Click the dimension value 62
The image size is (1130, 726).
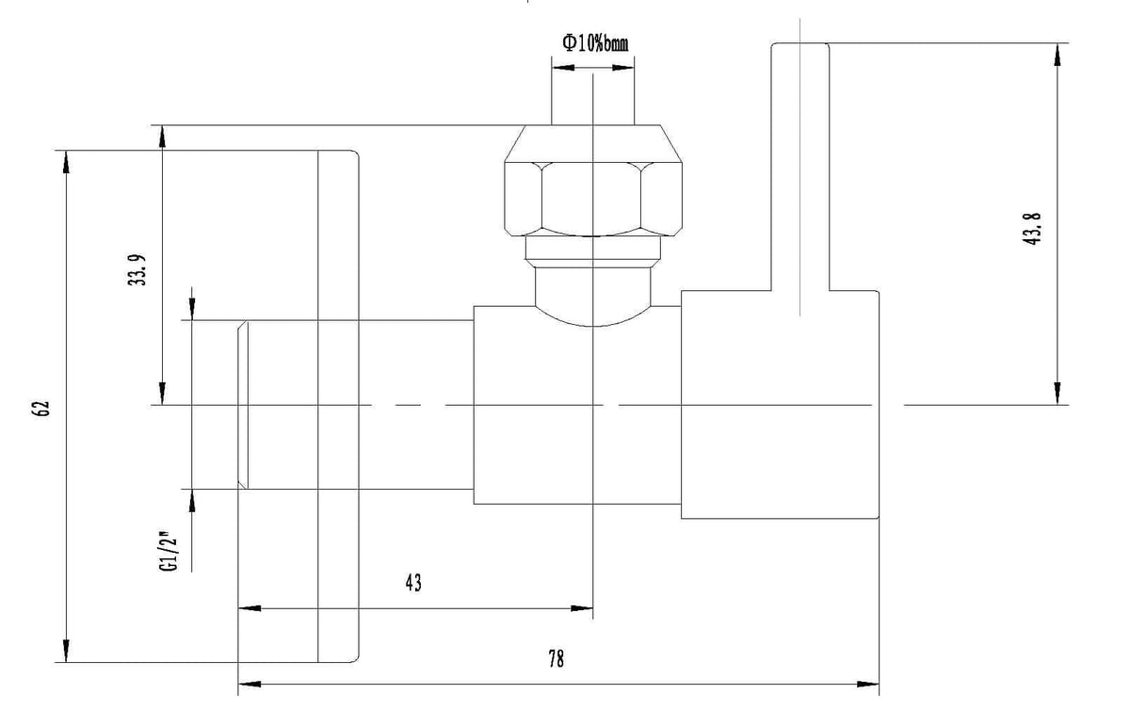click(x=41, y=408)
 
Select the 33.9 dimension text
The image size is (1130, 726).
click(x=137, y=270)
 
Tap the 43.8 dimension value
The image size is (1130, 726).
click(x=1032, y=229)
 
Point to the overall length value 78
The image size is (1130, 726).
click(x=556, y=659)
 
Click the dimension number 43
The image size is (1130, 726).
click(x=413, y=583)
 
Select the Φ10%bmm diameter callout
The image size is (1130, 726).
click(x=595, y=43)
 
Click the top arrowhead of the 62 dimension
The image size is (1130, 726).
click(x=66, y=162)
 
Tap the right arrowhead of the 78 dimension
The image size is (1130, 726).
click(x=867, y=685)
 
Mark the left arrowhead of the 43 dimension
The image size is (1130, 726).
click(x=250, y=608)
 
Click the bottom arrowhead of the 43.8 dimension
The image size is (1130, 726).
click(x=1057, y=394)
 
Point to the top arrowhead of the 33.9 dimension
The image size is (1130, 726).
click(x=162, y=137)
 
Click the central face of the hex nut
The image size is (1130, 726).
click(x=591, y=199)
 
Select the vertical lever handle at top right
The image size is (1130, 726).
click(x=800, y=167)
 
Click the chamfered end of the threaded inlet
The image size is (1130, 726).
click(x=243, y=405)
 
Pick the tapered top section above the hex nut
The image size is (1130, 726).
click(x=592, y=143)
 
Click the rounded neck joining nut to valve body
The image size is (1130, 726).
click(x=592, y=294)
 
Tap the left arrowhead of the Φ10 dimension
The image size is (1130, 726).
click(x=563, y=68)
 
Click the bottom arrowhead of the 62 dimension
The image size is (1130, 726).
click(x=66, y=651)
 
